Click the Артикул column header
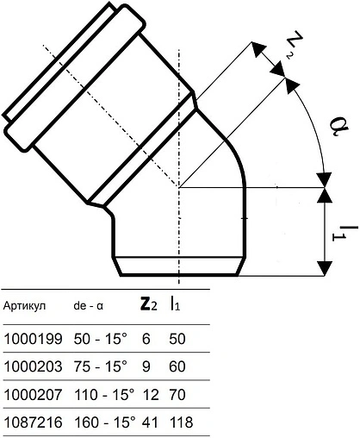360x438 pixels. coord(24,306)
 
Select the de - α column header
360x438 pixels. coord(88,306)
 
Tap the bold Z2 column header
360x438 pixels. coord(148,305)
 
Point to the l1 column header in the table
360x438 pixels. coord(174,304)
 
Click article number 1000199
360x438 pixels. coord(33,339)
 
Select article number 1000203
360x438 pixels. coord(33,366)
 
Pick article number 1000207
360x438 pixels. coord(33,394)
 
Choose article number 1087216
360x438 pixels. coord(33,422)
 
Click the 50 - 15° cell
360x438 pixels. coord(101,339)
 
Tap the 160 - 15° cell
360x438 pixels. coord(105,422)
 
